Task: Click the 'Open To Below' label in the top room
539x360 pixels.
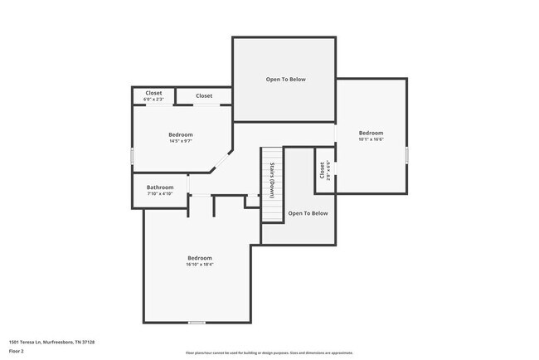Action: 285,80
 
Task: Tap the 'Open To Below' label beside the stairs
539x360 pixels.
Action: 308,213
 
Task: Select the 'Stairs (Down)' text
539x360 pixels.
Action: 272,179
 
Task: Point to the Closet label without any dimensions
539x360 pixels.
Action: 204,96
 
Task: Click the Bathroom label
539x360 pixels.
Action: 160,187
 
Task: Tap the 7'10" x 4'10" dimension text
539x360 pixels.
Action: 160,194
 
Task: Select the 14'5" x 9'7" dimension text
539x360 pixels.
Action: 181,141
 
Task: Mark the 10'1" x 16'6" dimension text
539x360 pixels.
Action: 371,139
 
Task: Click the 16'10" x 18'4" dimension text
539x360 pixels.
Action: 200,265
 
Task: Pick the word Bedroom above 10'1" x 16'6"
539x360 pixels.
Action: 371,133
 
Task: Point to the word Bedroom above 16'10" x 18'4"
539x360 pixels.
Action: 200,258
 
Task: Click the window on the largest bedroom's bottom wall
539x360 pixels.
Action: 197,323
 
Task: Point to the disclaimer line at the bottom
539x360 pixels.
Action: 269,353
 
